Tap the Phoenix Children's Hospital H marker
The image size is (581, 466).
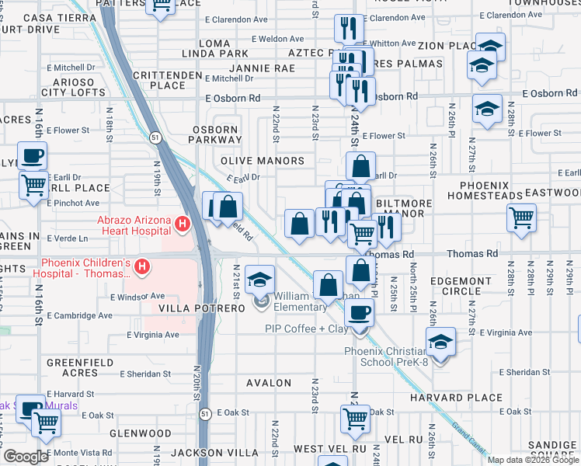point(142,268)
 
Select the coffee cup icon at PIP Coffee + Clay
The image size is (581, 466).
point(358,313)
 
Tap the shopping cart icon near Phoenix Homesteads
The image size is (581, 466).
point(522,217)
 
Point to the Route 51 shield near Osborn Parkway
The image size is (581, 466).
point(155,137)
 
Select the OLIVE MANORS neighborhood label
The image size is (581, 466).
point(263,161)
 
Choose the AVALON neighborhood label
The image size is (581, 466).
point(269,383)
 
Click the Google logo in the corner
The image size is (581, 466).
point(26,457)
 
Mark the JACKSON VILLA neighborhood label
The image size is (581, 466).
point(204,452)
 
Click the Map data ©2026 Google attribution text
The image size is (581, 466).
point(533,460)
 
